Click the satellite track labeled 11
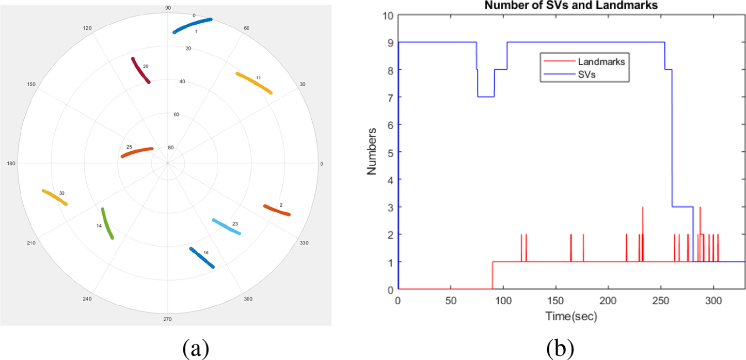254,83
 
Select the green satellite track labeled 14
107,223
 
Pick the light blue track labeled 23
226,227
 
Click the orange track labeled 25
137,152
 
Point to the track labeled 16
202,258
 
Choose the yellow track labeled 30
55,197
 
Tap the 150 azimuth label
32,84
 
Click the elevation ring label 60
176,115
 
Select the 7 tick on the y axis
390,97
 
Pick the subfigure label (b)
560,349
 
